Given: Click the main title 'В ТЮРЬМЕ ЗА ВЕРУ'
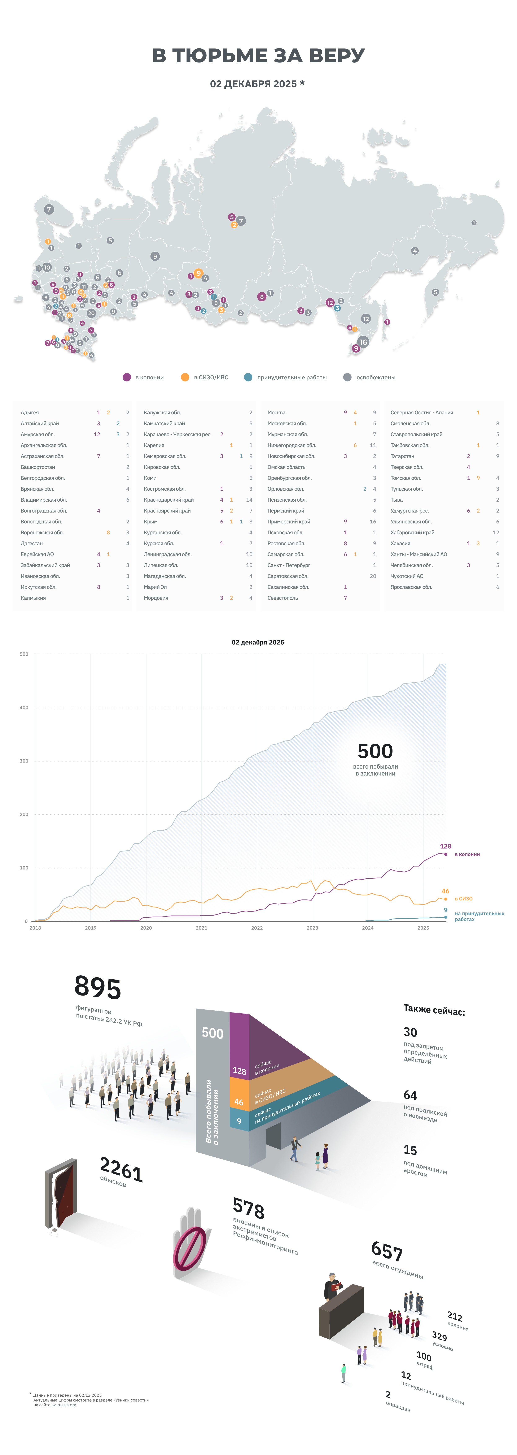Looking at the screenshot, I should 259,55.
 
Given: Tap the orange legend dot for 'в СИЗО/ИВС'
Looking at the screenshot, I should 185,377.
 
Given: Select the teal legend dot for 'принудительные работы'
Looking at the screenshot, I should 248,377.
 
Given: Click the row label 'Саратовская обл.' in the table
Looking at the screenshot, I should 288,576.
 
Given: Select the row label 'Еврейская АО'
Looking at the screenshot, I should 37,554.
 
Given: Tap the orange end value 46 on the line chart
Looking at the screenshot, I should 445,891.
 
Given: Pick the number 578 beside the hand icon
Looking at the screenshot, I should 248,1209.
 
